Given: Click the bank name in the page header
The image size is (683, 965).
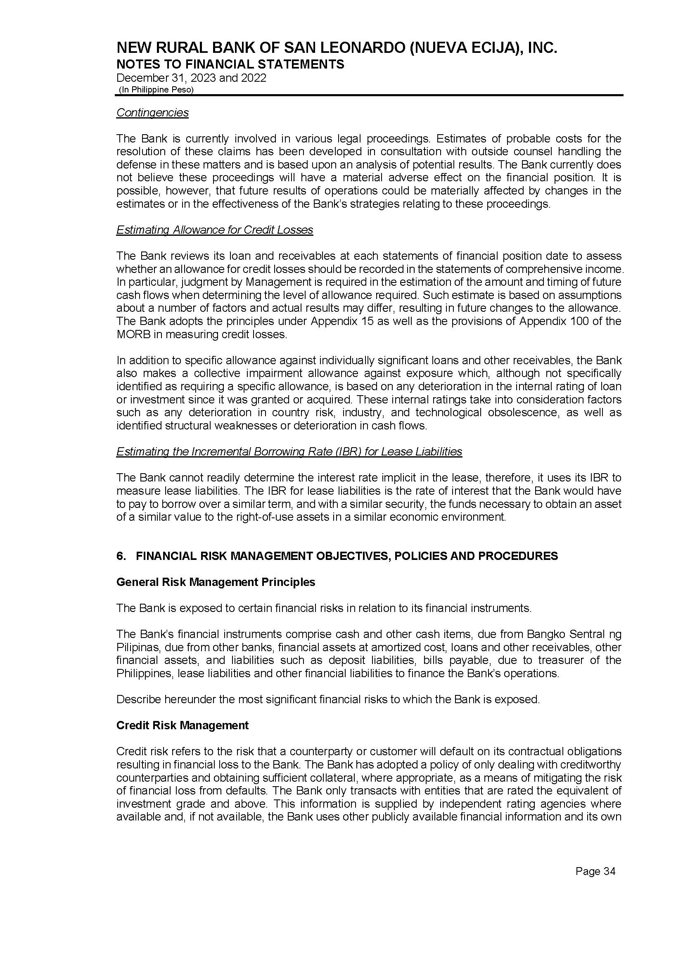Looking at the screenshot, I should (x=337, y=48).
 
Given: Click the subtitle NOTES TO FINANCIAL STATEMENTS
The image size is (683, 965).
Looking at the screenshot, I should (x=230, y=64).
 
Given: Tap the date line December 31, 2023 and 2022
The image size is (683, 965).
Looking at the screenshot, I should (x=191, y=78).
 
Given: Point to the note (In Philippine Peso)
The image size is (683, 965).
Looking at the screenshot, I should (x=156, y=90).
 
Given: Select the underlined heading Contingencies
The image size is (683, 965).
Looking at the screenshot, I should (x=152, y=113).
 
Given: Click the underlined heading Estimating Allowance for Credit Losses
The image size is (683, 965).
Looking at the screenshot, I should (x=214, y=230).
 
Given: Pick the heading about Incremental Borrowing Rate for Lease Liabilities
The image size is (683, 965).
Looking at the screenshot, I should (x=289, y=452).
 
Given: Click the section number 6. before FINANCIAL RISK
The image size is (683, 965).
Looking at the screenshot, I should (x=121, y=556).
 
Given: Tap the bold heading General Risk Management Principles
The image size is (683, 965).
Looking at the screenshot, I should (x=216, y=582).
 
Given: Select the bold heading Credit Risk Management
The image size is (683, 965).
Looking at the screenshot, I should (x=182, y=726).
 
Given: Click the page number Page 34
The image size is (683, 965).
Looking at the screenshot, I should (x=595, y=872).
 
